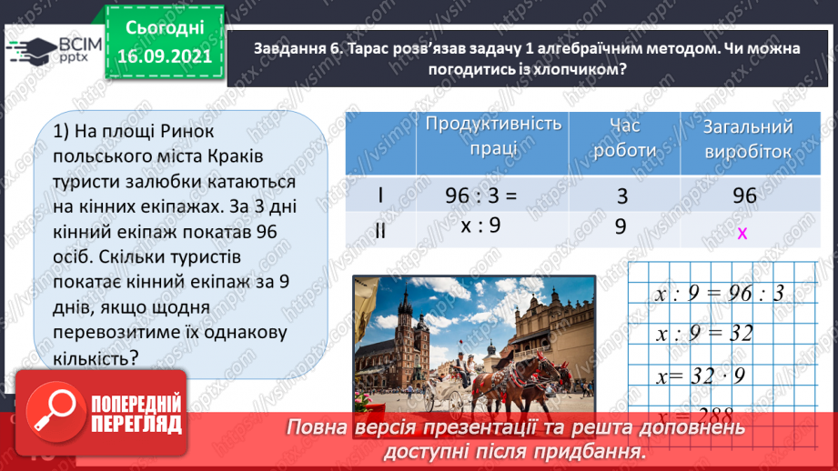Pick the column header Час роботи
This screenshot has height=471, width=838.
(623, 137)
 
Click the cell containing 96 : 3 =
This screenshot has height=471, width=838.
(480, 195)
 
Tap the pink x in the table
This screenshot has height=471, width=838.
(742, 233)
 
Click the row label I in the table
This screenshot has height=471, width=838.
(380, 196)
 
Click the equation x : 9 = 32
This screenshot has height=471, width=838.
(704, 333)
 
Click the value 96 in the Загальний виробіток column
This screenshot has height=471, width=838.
(744, 195)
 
